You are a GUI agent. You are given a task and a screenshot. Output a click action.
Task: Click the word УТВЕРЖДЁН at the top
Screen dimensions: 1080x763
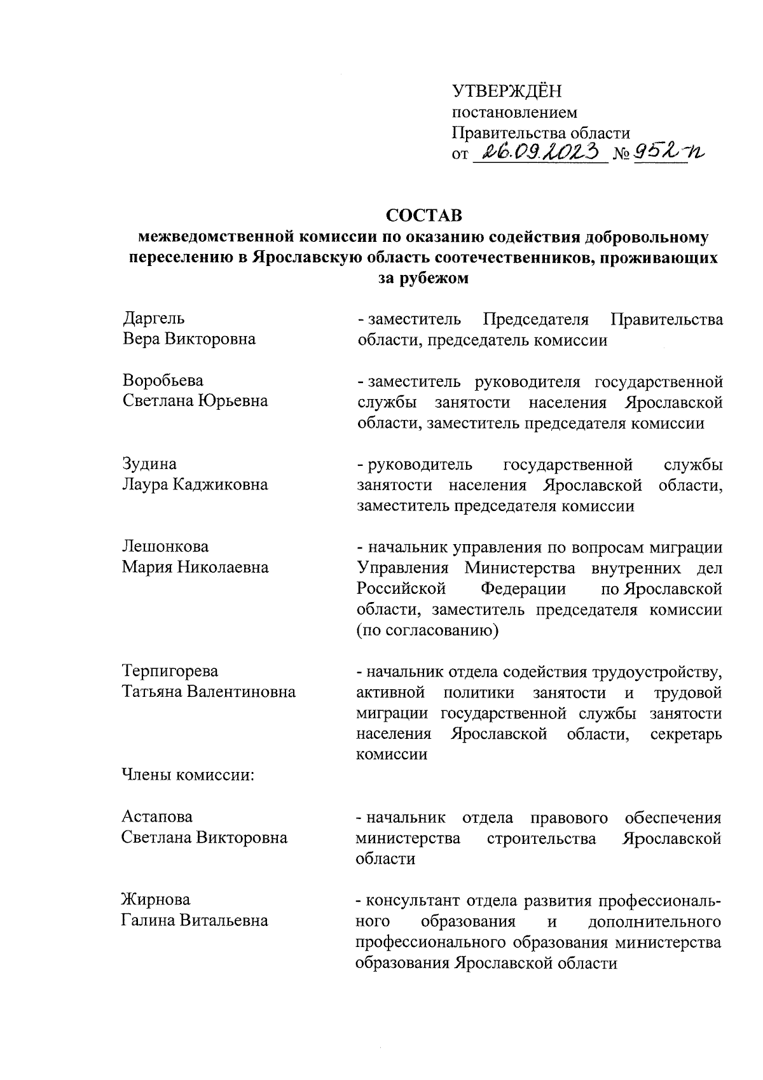point(507,92)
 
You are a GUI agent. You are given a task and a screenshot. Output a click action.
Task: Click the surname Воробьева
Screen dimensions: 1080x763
point(163,381)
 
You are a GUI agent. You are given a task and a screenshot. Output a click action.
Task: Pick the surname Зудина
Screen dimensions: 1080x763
point(149,464)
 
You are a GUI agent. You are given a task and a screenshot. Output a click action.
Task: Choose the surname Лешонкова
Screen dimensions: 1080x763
point(165,547)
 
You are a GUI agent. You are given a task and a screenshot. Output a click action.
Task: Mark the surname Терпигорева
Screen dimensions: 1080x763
point(170,671)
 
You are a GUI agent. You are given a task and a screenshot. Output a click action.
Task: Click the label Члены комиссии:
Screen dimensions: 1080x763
point(188,775)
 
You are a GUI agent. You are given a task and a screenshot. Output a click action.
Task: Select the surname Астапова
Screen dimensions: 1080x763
point(157,817)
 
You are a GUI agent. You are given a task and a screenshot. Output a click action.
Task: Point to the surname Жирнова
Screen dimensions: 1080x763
point(156,900)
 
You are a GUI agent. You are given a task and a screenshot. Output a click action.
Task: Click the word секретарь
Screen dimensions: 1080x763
point(686,734)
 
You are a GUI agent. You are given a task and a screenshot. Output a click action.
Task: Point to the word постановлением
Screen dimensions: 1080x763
point(514,113)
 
